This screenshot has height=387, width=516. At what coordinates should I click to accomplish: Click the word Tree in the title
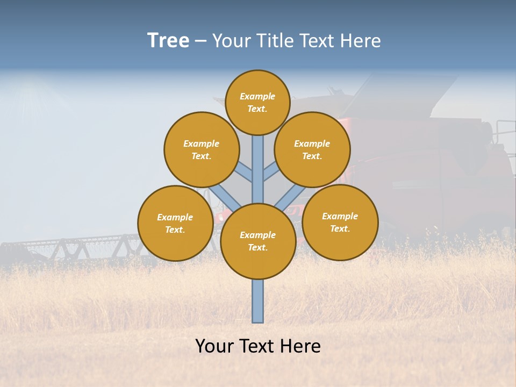coord(168,41)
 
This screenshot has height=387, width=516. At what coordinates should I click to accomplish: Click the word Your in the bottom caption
coord(215,346)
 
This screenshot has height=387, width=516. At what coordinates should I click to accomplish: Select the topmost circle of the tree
coord(257,102)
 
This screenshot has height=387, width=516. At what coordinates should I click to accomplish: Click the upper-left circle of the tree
coord(202,149)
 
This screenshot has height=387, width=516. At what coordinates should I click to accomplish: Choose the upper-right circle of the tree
coord(312,149)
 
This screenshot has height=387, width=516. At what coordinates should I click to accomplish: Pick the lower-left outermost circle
coord(175,223)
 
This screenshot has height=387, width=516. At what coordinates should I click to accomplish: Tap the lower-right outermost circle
coord(340,222)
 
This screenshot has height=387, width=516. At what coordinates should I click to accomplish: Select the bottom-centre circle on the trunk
coord(258,241)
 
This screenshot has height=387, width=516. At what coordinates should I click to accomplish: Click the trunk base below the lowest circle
coord(258,301)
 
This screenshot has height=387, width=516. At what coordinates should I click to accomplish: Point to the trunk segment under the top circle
coord(258,161)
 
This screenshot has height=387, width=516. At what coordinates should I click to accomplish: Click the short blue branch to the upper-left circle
coord(245,173)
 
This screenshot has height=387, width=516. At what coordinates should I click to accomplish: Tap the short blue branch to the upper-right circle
coord(271,173)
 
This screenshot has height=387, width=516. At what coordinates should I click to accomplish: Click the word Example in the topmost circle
coord(257,97)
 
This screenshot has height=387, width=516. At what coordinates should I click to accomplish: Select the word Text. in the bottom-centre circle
coord(257,248)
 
